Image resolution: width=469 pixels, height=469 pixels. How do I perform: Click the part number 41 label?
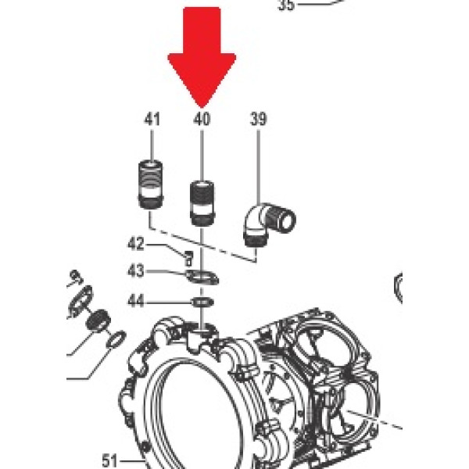tap(152, 120)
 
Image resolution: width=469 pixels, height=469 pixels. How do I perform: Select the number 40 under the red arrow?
tap(202, 120)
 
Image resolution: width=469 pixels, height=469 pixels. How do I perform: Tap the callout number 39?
tap(258, 120)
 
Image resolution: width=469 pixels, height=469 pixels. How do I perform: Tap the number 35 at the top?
tap(287, 5)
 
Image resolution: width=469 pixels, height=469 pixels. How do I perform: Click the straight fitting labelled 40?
tap(202, 202)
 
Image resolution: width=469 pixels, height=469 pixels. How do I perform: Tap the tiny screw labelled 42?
tap(188, 255)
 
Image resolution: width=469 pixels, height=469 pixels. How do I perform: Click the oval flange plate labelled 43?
tap(202, 276)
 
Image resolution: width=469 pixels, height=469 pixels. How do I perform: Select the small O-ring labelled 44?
tap(202, 301)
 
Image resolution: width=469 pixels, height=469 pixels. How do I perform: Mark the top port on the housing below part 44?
tap(202, 334)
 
